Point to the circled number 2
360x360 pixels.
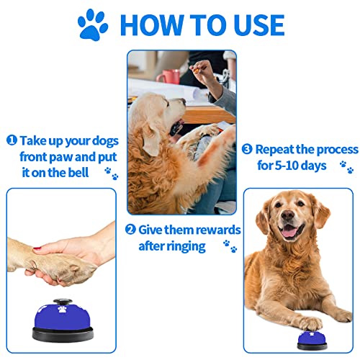(x=130, y=230)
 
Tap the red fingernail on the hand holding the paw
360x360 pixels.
(x=37, y=249)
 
